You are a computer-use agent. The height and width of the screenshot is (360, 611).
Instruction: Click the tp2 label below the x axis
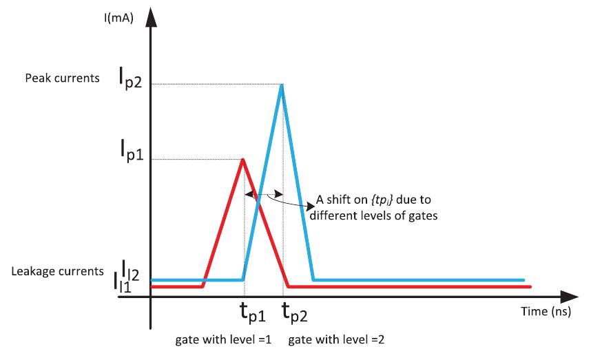296,314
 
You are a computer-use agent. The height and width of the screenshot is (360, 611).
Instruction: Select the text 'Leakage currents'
58,271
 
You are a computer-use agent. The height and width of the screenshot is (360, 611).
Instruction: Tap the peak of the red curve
242,159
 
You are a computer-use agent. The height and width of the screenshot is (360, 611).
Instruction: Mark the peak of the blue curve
281,85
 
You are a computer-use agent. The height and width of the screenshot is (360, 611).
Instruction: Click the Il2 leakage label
132,269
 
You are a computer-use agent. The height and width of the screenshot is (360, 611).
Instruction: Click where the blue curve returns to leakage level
313,280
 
